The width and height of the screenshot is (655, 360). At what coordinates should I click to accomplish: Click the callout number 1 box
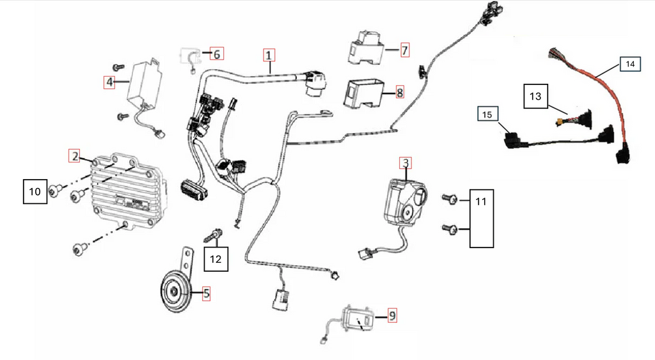pyautogui.click(x=269, y=55)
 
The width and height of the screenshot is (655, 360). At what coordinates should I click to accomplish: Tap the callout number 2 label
pyautogui.click(x=75, y=155)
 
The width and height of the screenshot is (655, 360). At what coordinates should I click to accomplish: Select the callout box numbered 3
pyautogui.click(x=406, y=162)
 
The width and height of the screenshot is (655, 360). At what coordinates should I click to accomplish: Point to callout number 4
pyautogui.click(x=110, y=81)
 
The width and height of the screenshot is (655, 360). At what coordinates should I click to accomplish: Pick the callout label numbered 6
pyautogui.click(x=216, y=54)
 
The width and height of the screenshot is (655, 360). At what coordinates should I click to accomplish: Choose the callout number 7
pyautogui.click(x=405, y=49)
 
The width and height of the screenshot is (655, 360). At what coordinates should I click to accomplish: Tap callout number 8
pyautogui.click(x=399, y=92)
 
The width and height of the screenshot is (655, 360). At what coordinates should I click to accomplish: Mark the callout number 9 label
pyautogui.click(x=392, y=315)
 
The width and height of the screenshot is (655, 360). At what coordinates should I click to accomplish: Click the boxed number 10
pyautogui.click(x=35, y=191)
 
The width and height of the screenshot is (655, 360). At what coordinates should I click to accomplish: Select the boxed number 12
pyautogui.click(x=216, y=259)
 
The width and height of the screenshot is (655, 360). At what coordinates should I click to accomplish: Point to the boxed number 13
pyautogui.click(x=535, y=97)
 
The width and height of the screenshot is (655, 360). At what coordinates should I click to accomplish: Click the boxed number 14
pyautogui.click(x=630, y=64)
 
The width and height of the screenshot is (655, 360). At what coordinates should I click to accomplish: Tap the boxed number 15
pyautogui.click(x=487, y=114)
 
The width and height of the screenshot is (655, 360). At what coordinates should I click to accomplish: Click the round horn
pyautogui.click(x=175, y=292)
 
